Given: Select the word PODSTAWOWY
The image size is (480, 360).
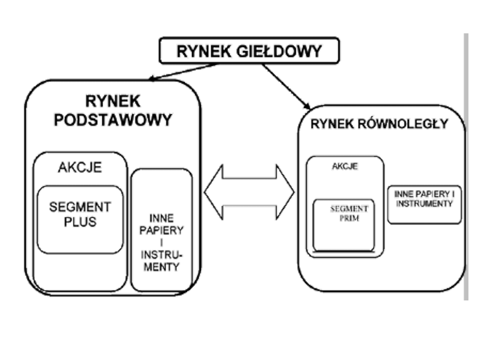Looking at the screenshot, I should click(113, 120).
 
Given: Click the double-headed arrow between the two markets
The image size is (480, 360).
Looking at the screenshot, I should click(249, 192).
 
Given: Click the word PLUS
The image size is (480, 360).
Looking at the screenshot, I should click(80, 222).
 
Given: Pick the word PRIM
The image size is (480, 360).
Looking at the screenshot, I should click(349, 218).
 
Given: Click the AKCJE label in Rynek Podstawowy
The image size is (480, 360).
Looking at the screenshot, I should click(80, 168).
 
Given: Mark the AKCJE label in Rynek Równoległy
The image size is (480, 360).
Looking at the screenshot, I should click(345, 167).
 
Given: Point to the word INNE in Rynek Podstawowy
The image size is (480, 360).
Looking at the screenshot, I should click(161, 218).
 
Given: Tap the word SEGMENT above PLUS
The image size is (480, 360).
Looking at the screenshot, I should click(80, 208).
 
